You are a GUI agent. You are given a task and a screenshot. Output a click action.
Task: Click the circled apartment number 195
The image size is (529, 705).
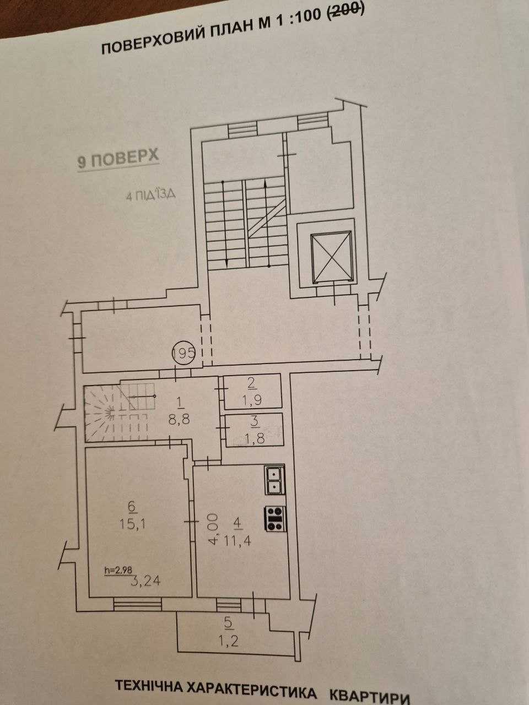coord(183,354)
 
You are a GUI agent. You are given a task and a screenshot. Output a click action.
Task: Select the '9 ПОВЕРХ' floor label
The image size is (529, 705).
coord(118,159)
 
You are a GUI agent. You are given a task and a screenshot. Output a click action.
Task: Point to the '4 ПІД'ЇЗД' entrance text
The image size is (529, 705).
coord(150,196)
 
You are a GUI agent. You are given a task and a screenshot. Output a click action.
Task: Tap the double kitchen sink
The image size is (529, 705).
coord(274,480)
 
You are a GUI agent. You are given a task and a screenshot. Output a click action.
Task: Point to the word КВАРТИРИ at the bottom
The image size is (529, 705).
coord(370,696)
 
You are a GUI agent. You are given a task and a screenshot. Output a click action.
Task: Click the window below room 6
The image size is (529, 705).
coord(137,605)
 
